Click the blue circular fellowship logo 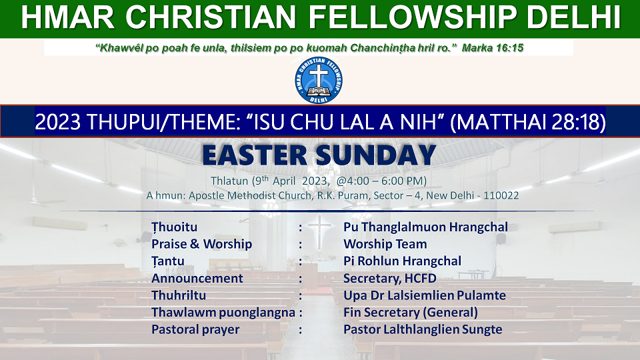pos(319,80)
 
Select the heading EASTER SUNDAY pos(319,155)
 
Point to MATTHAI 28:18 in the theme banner pos(528,121)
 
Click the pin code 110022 pos(501,195)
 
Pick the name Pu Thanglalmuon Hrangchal pos(426,227)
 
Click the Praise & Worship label pos(201,244)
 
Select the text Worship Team pos(385,244)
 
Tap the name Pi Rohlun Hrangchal pos(402,261)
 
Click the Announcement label pos(197,279)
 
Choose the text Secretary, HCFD pos(390,279)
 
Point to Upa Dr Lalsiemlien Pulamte pos(425,295)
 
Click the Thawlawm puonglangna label pos(223,313)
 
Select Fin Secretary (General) pos(411,313)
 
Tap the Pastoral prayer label pos(195,330)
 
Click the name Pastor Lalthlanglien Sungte pos(423,330)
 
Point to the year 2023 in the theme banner pos(57,122)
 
